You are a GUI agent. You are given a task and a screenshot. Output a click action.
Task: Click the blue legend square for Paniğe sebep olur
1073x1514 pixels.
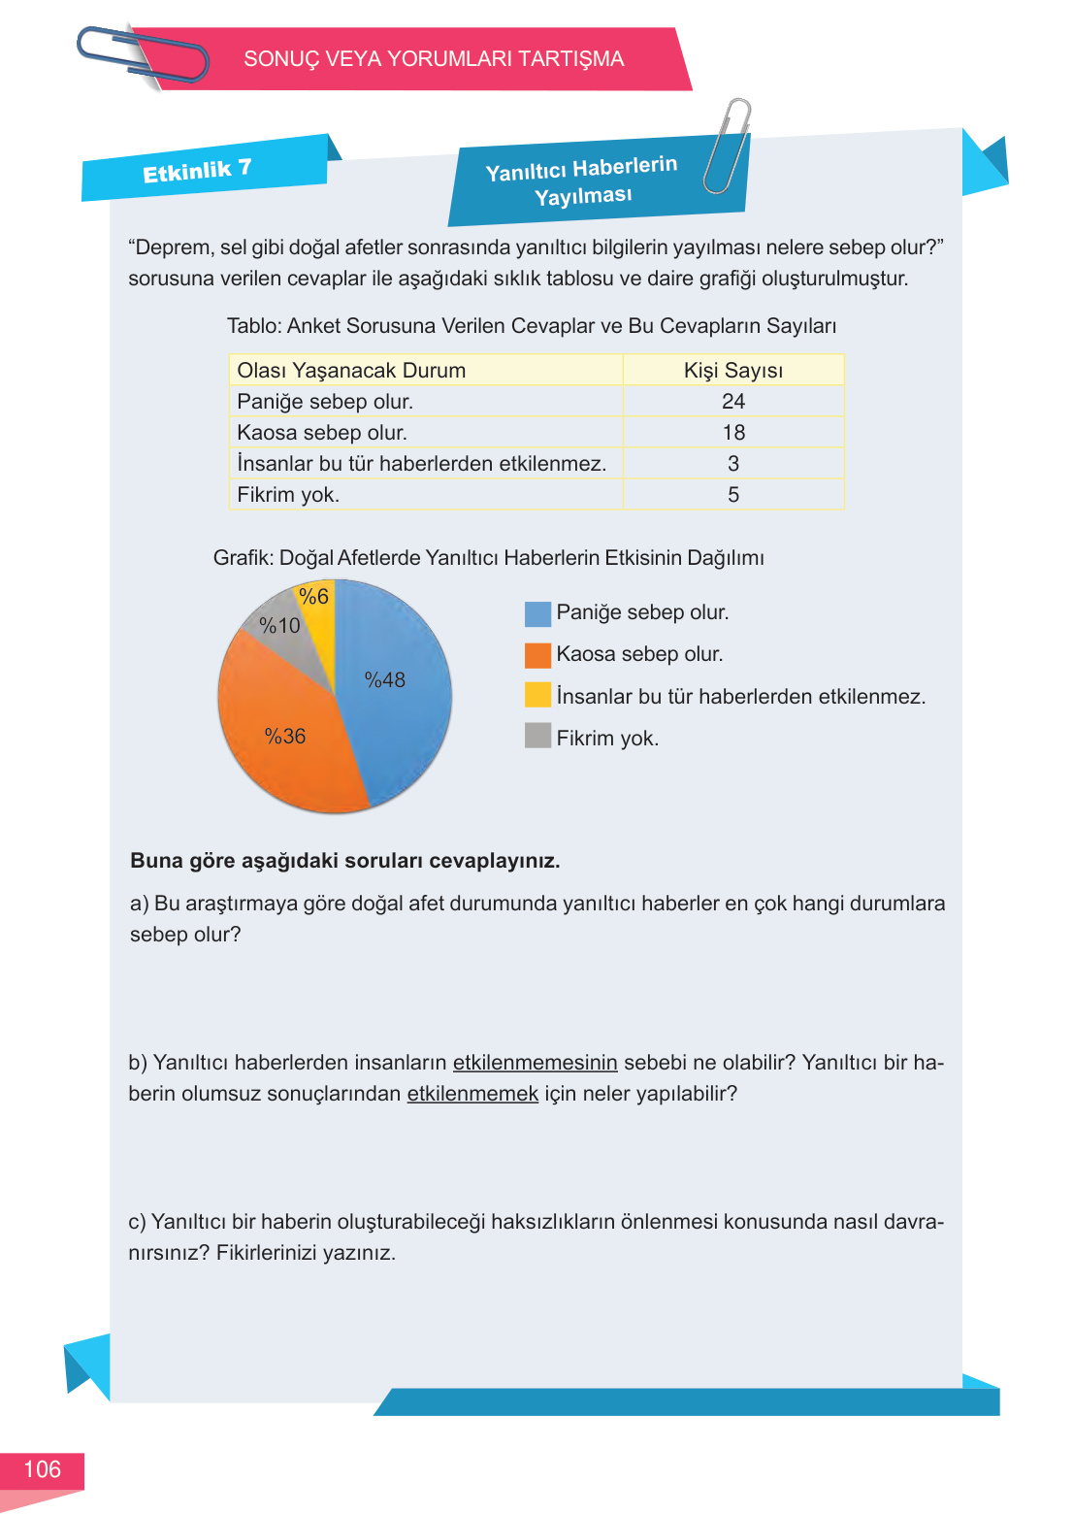coord(537,613)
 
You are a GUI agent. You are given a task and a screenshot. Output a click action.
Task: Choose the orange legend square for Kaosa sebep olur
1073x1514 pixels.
coord(537,655)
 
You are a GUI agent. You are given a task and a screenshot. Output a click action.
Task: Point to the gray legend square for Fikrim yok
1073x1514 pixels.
coord(537,736)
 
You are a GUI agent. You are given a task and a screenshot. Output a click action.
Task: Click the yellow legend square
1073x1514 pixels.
coord(537,695)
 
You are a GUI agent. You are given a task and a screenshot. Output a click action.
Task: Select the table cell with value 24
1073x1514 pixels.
coord(733,402)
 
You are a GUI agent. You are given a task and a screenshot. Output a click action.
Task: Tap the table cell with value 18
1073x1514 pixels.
coord(733,433)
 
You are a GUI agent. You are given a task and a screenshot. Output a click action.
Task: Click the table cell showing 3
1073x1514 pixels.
coord(733,464)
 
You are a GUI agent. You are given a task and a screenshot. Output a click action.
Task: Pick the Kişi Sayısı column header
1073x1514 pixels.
coord(733,371)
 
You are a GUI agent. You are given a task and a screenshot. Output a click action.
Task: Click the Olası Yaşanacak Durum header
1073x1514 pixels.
coord(351,371)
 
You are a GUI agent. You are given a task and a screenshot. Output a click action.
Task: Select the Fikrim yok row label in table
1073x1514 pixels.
coord(288,495)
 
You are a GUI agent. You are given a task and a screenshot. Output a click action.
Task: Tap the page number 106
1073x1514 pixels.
coord(42,1469)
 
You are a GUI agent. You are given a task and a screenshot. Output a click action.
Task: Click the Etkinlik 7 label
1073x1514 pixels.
coord(198,172)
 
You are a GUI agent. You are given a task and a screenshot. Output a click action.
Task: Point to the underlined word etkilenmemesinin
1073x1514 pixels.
coord(535,1063)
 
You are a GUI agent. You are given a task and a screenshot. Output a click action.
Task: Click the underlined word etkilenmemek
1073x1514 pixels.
coord(472,1094)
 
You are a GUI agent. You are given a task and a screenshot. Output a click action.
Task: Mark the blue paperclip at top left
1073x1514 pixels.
coord(142,55)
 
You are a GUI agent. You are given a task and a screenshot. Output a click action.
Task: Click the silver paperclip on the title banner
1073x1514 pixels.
coord(728,146)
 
